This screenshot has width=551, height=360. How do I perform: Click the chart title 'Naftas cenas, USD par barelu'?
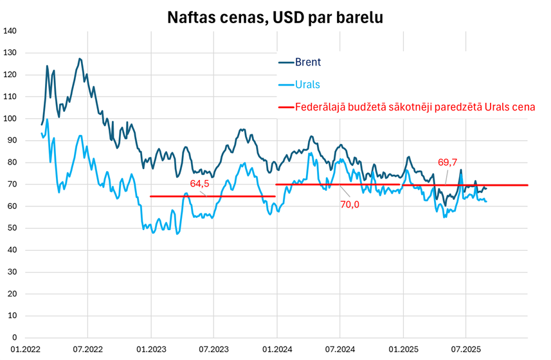click(275, 17)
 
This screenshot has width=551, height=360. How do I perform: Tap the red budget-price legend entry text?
click(415, 107)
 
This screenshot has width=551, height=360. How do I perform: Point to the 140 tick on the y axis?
click(10, 31)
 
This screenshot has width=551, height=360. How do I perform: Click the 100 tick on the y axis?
click(10, 118)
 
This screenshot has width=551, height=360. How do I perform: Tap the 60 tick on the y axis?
click(12, 206)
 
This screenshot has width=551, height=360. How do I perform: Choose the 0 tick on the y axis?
click(14, 337)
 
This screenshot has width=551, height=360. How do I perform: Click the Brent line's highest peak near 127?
click(79, 59)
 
